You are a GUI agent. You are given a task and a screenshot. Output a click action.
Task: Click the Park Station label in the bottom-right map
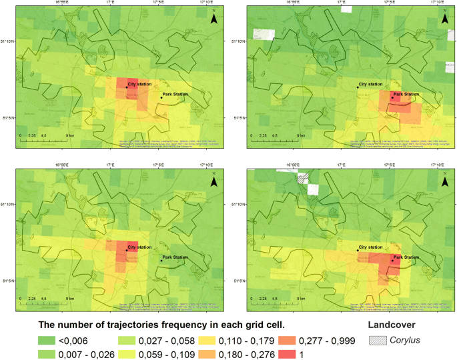(407, 257)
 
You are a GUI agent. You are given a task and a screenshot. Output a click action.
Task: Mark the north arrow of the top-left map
(213, 19)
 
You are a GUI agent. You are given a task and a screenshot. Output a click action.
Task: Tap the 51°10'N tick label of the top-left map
(13, 41)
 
